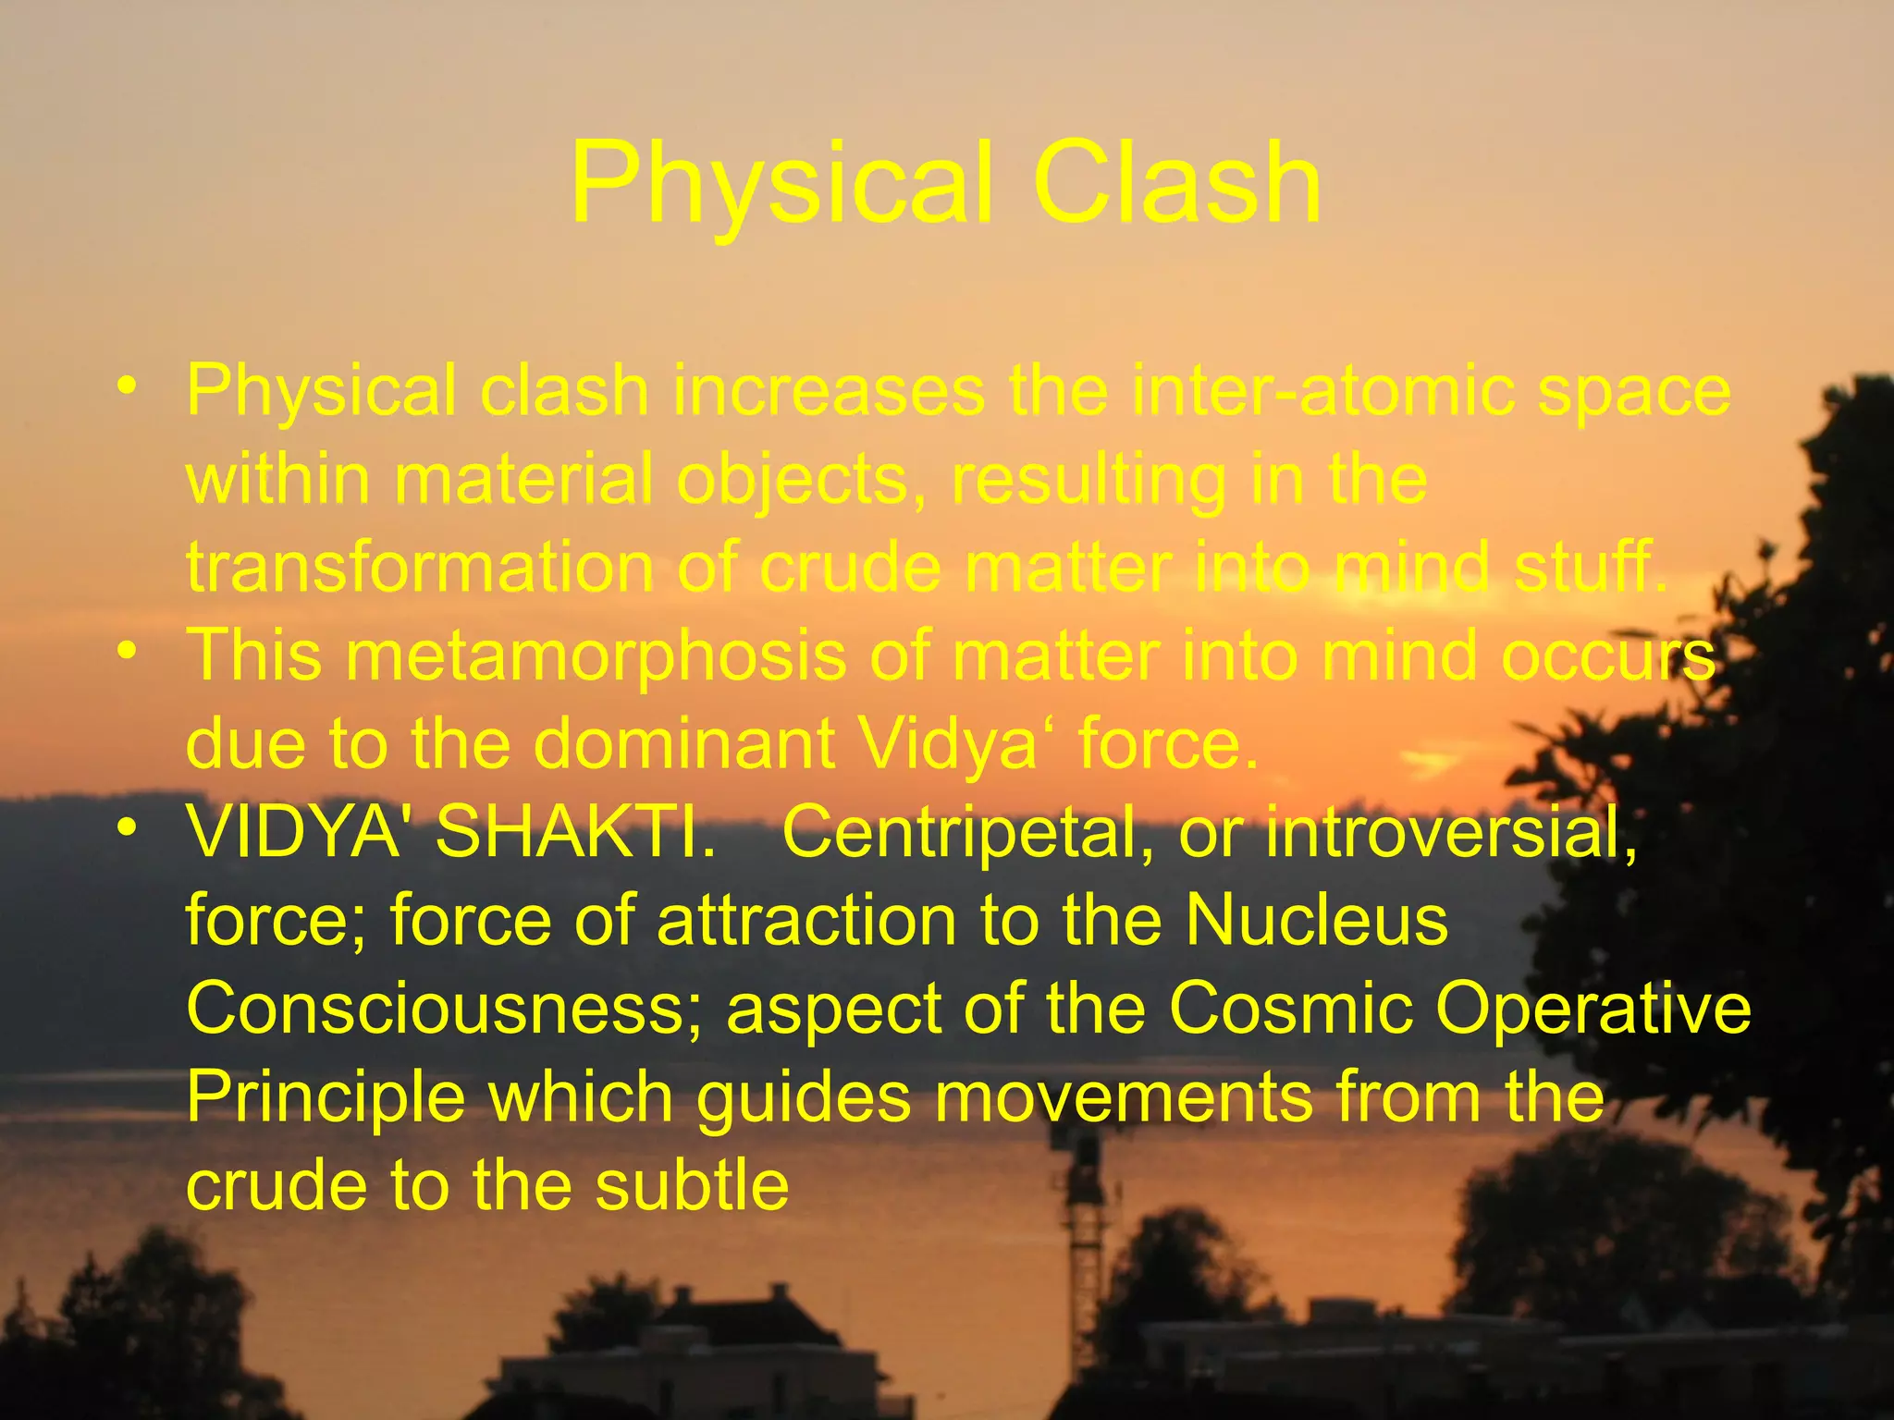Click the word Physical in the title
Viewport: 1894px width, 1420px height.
point(782,185)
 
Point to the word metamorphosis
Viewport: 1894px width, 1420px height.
point(596,655)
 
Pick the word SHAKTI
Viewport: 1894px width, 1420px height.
point(574,832)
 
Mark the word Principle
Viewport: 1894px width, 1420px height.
point(326,1097)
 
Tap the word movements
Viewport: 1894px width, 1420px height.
point(1124,1097)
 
